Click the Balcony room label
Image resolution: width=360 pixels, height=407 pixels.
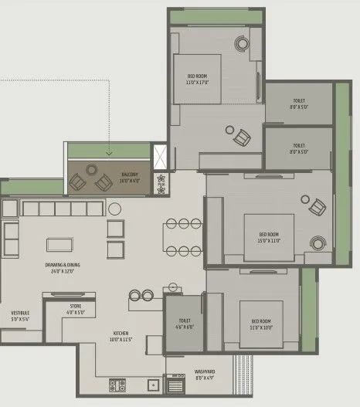(x=129, y=178)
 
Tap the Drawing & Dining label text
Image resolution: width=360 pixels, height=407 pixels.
(x=62, y=267)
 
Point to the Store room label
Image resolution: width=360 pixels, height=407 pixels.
(x=76, y=309)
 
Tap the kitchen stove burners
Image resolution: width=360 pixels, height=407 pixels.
(x=117, y=384)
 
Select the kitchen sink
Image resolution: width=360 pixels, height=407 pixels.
(x=151, y=384)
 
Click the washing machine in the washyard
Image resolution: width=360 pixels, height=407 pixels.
(x=175, y=383)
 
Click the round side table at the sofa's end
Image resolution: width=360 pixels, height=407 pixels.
(x=114, y=208)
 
